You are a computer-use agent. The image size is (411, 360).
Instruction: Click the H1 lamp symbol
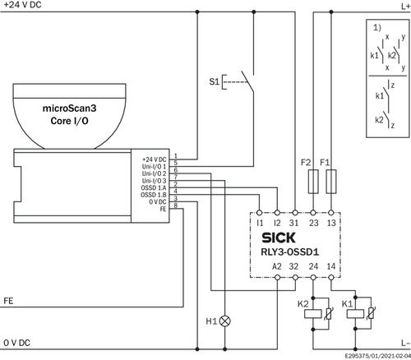click(x=225, y=321)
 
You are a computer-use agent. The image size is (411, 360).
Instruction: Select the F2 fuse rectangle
click(x=313, y=182)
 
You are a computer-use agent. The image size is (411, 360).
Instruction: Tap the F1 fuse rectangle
click(x=331, y=182)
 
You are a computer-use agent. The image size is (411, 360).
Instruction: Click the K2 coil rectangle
click(x=313, y=314)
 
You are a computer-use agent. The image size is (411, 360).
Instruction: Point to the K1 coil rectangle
click(x=355, y=314)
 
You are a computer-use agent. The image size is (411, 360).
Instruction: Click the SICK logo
click(x=279, y=238)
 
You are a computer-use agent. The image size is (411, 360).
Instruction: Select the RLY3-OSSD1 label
click(x=290, y=252)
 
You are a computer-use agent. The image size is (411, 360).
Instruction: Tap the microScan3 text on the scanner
click(x=69, y=108)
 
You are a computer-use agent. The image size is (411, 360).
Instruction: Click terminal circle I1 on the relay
click(x=259, y=213)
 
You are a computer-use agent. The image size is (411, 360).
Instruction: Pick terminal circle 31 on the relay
click(x=295, y=213)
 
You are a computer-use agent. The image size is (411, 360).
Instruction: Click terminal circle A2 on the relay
click(x=277, y=278)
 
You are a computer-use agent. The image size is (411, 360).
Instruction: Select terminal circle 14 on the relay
click(x=331, y=278)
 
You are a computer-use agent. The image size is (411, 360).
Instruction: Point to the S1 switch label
click(x=215, y=81)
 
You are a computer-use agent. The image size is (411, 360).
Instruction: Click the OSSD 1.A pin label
click(x=154, y=188)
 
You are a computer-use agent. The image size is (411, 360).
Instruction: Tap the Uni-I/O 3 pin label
click(x=154, y=181)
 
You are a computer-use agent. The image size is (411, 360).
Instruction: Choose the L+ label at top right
click(x=405, y=7)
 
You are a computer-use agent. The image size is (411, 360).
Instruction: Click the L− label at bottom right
click(x=405, y=343)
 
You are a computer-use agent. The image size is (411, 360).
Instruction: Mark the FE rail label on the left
click(x=8, y=301)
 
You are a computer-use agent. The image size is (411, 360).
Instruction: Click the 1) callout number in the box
click(x=377, y=27)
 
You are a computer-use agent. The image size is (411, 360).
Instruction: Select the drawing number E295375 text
click(x=357, y=356)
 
